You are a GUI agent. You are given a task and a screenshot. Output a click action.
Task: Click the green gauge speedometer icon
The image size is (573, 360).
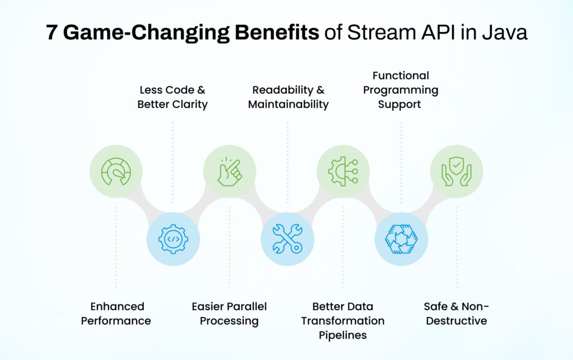coord(116,171)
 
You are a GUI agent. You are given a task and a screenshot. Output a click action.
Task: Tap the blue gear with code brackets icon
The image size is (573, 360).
coord(173,239)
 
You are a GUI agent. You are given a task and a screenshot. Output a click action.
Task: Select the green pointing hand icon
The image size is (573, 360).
coord(229,171)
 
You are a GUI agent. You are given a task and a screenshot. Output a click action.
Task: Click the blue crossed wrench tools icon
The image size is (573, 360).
coord(287,239)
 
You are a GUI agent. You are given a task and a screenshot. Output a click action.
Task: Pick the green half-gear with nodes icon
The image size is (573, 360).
coord(343,171)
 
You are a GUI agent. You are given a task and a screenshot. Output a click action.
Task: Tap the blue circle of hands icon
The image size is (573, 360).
coord(401,239)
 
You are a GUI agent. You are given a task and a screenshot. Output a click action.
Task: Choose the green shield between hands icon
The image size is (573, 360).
coord(456,171)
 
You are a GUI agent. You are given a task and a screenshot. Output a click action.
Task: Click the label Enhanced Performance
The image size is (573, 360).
coord(116,314)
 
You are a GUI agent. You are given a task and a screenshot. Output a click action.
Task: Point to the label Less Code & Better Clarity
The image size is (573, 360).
coord(172,97)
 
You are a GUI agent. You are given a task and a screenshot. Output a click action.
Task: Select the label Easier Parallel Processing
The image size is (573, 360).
coord(229,314)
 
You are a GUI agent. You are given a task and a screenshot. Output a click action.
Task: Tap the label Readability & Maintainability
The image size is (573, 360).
coord(288,97)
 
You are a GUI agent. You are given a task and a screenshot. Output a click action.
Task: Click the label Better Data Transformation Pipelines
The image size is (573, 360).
coord(343,321)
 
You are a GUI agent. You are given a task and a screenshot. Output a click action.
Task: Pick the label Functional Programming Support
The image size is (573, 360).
coord(401,90)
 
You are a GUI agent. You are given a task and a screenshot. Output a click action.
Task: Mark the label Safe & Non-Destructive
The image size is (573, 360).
coord(456,314)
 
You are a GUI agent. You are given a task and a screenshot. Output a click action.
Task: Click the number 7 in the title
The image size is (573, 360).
coord(51,32)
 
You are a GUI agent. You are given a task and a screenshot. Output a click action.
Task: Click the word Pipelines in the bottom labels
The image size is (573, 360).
coord(343,335)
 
